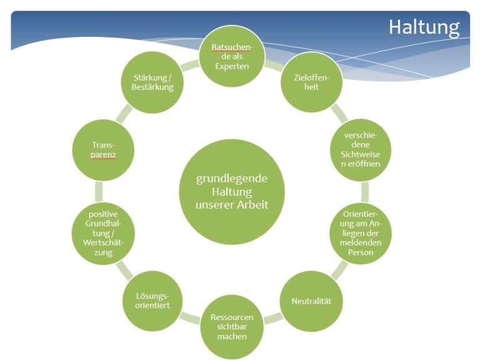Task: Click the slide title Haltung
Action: [424, 27]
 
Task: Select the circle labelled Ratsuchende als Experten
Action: [232, 56]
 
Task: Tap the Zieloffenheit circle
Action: [311, 82]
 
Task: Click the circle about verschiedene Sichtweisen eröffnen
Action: [360, 150]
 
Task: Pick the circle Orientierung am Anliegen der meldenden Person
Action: [360, 233]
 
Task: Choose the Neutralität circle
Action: [311, 301]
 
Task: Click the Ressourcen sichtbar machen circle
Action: [232, 327]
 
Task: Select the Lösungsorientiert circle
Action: [152, 301]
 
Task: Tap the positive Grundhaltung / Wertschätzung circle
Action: [103, 233]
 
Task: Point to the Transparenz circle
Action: [103, 150]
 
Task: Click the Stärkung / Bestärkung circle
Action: [152, 82]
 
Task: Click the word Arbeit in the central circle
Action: [253, 204]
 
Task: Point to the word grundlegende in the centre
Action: [232, 179]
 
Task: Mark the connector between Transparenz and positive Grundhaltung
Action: [99, 192]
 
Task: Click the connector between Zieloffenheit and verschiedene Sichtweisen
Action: [339, 113]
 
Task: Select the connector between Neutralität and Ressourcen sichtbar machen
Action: [272, 318]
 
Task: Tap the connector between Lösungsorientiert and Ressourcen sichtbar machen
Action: [191, 318]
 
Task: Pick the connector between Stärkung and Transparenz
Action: [124, 113]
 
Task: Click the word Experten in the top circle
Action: [232, 66]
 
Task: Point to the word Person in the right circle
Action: [360, 252]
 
